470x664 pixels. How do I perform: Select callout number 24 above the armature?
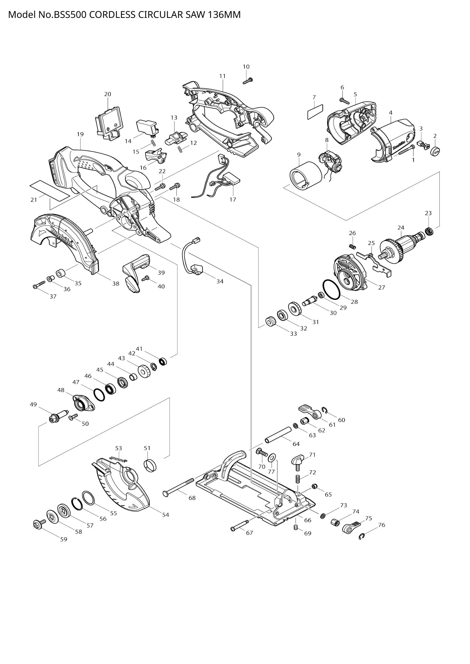click(x=401, y=228)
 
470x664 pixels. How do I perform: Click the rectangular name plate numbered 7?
click(x=315, y=112)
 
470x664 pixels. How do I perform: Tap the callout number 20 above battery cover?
click(x=107, y=94)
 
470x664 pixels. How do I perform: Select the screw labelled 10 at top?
click(x=248, y=81)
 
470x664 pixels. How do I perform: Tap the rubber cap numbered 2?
click(x=435, y=151)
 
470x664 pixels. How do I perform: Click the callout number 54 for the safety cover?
click(x=165, y=514)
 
